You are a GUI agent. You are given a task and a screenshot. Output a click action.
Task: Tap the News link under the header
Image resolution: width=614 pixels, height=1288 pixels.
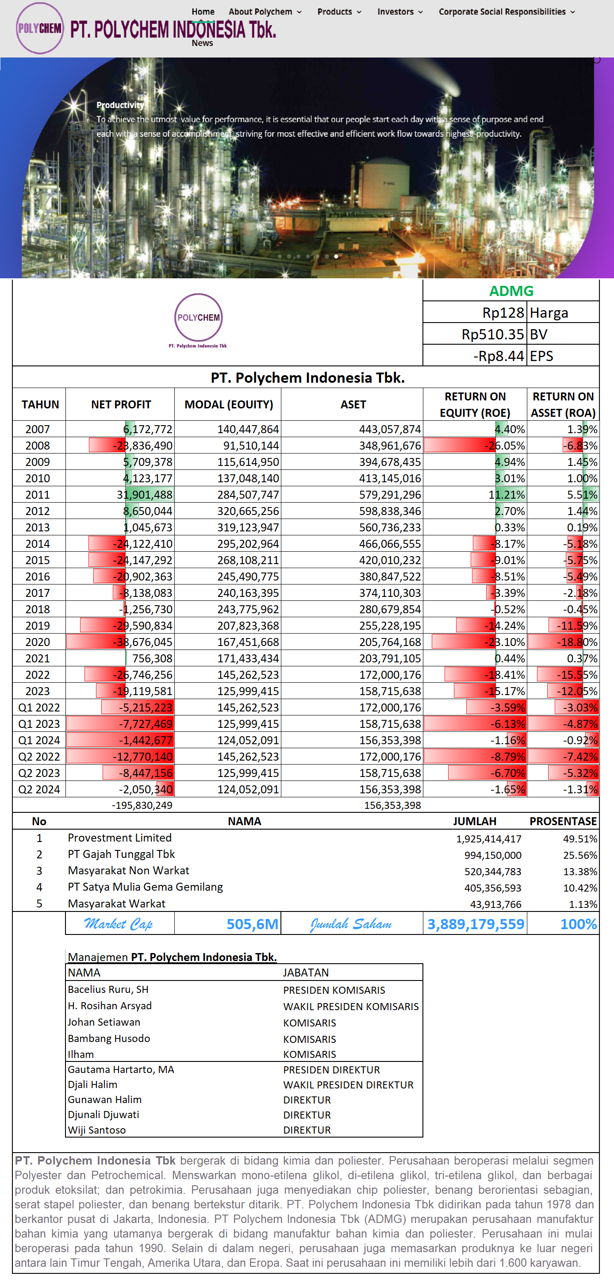[202, 43]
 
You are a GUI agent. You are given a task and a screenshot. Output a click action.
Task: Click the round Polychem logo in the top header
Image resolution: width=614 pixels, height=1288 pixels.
[39, 28]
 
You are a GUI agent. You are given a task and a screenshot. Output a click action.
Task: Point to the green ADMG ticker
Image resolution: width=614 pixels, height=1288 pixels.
[511, 291]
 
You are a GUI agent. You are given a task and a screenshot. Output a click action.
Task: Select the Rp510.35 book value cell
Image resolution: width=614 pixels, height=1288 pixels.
[492, 334]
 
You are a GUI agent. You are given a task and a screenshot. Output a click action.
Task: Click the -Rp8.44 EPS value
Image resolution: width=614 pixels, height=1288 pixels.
[498, 356]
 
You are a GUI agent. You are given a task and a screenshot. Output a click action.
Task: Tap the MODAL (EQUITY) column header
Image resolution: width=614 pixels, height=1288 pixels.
[229, 404]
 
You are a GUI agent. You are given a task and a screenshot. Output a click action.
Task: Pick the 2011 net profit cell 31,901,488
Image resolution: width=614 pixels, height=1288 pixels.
[145, 495]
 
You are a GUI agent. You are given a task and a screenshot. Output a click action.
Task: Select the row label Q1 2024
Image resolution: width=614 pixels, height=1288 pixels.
[39, 740]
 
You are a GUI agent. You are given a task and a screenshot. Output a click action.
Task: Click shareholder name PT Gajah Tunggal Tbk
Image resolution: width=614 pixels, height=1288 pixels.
[122, 854]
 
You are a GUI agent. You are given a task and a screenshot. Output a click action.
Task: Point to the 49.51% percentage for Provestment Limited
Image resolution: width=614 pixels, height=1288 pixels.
[579, 838]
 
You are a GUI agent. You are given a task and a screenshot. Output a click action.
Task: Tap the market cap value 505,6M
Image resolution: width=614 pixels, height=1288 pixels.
[252, 924]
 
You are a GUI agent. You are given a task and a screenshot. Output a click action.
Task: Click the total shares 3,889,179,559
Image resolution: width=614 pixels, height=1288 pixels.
[476, 924]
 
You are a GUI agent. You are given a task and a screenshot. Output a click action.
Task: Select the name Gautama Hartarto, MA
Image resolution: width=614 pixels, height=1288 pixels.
[121, 1069]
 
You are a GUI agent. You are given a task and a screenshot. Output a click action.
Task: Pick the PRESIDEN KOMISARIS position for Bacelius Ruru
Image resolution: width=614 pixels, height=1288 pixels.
[334, 990]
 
